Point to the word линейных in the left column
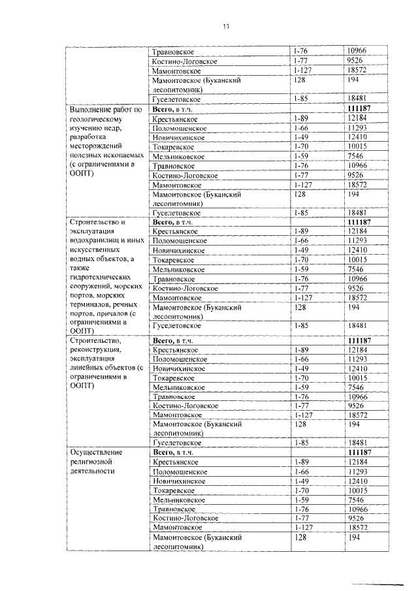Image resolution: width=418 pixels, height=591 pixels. (86, 368)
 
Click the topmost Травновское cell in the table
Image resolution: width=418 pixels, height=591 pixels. (173, 51)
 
